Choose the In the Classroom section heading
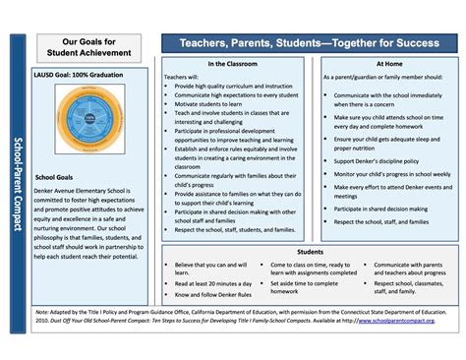click(x=233, y=64)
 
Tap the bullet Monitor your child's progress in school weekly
click(x=392, y=173)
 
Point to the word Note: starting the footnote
click(x=42, y=311)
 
